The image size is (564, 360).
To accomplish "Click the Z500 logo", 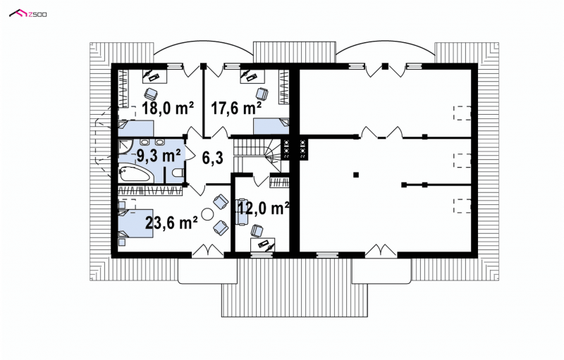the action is [27, 14].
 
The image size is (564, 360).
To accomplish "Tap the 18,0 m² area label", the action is [168, 107].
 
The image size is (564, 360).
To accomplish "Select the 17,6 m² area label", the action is [236, 107].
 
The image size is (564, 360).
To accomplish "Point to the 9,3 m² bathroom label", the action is [159, 156].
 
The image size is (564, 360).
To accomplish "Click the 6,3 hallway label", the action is [213, 157].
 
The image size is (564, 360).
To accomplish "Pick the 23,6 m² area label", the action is [171, 223].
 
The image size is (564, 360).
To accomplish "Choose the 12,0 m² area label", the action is [264, 207].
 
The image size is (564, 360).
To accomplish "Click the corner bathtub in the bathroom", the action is [136, 173].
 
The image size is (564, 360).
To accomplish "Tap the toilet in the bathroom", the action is [177, 173].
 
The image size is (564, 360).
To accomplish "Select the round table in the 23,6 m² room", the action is [207, 214].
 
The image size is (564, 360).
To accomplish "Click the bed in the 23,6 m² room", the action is [135, 223].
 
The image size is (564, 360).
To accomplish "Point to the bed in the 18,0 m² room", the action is [136, 128].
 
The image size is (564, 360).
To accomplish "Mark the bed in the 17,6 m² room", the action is [271, 126].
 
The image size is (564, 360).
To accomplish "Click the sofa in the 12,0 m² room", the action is [242, 211].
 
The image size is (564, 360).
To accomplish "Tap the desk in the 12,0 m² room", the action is [263, 244].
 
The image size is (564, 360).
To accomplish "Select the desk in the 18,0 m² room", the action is [154, 76].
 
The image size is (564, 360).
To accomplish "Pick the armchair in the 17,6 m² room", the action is [262, 94].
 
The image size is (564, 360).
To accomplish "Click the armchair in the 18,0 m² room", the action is [151, 94].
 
